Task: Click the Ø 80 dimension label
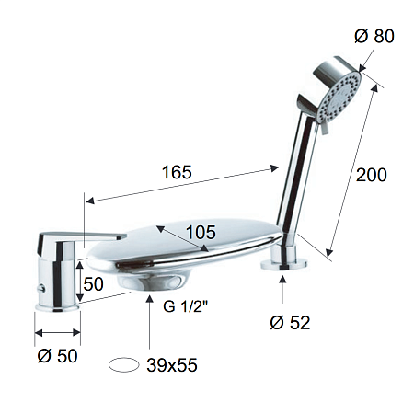point(374,36)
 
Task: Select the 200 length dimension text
point(372,175)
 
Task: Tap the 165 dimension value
point(177,172)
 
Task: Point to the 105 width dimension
point(201,232)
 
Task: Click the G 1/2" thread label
point(186,306)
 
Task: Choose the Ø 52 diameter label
point(290,323)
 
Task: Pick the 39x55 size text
point(172,365)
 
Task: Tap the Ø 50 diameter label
point(57,356)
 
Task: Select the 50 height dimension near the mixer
point(93,284)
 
